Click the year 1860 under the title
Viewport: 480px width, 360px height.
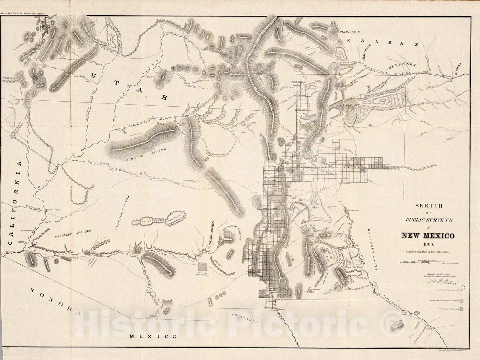point(427,244)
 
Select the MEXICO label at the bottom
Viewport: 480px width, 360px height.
point(153,337)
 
